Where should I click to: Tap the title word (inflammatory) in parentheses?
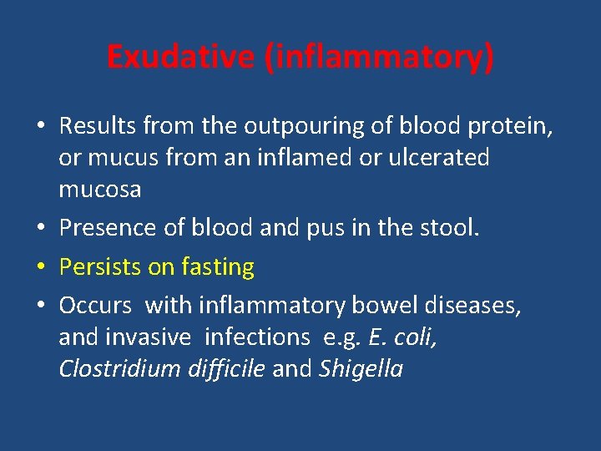379,58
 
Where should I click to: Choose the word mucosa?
100,190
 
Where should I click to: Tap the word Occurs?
95,306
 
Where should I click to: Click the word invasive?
142,337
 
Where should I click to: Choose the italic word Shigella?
361,369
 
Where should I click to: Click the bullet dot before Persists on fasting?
42,268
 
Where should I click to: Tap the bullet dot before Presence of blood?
42,229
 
